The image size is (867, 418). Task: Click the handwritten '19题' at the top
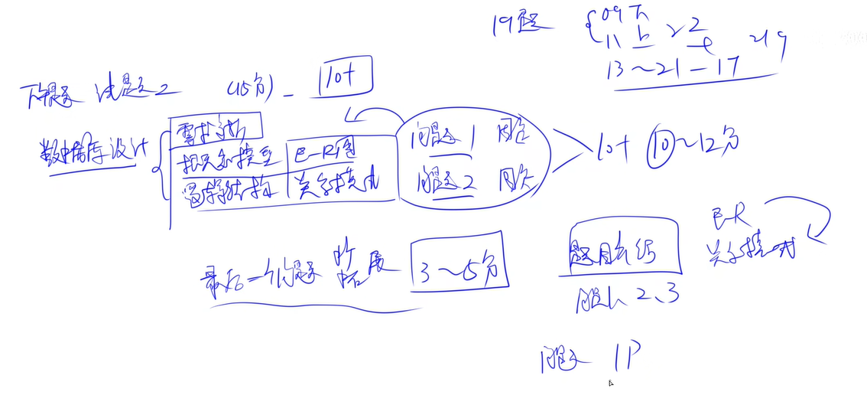(523, 24)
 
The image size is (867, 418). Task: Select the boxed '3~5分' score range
(459, 263)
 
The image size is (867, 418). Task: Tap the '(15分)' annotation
(250, 88)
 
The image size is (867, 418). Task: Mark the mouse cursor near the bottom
(610, 382)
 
